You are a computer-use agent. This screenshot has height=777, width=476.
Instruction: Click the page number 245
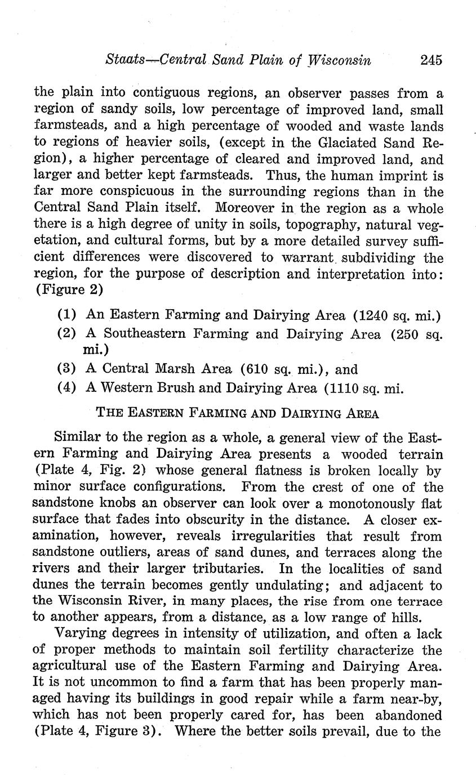point(431,60)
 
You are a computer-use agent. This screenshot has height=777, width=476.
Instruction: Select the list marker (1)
point(67,314)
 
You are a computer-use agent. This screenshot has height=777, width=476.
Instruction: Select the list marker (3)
point(67,369)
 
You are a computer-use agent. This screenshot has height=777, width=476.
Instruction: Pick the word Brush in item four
point(185,388)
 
